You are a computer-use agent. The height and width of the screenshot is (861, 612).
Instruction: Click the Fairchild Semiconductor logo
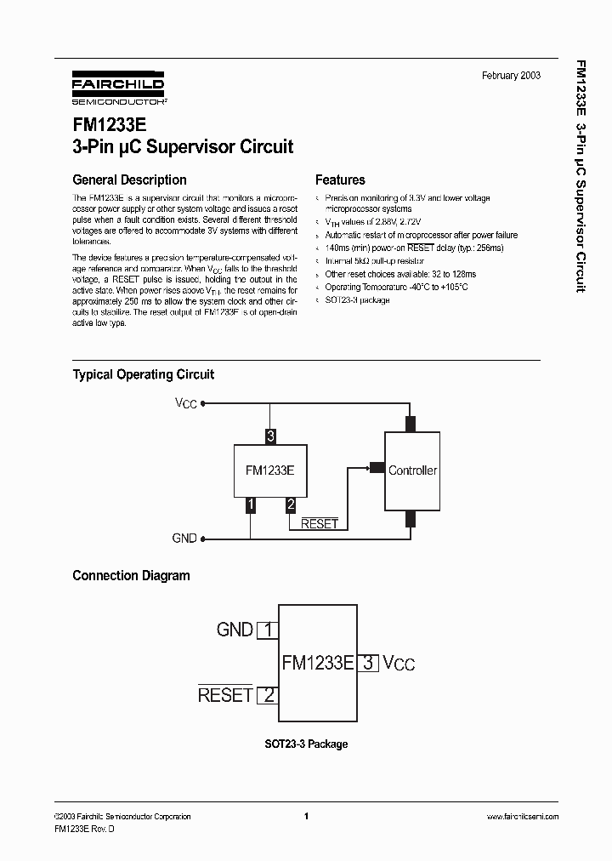(118, 88)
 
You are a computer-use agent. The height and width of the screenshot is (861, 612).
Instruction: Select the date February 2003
(511, 76)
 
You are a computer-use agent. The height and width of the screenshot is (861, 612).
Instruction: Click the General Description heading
(129, 180)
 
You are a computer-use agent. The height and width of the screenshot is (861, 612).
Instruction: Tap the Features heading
(340, 180)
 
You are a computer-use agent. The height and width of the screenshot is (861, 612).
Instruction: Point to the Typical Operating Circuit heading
(143, 374)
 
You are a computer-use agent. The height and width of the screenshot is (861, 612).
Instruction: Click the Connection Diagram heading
(131, 576)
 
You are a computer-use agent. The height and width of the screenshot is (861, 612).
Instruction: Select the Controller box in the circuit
(412, 470)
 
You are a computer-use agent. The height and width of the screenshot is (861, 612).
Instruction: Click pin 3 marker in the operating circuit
(270, 436)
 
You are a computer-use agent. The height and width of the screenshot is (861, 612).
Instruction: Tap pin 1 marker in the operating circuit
(250, 505)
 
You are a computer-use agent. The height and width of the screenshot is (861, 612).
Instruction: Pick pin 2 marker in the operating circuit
(291, 505)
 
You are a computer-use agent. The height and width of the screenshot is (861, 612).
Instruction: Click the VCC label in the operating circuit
(186, 403)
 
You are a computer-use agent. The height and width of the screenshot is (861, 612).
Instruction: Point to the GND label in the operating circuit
(184, 539)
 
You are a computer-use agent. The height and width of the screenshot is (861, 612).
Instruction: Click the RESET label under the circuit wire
(320, 524)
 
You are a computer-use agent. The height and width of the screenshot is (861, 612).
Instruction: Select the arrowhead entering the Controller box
(375, 466)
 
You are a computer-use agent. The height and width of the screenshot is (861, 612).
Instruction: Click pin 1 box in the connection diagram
(268, 630)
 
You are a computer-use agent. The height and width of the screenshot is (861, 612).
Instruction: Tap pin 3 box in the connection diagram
(368, 663)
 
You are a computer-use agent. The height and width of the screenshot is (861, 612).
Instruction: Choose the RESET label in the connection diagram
(225, 694)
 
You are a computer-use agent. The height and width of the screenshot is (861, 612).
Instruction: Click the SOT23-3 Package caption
(305, 744)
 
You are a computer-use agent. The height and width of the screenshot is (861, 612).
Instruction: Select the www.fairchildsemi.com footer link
(522, 817)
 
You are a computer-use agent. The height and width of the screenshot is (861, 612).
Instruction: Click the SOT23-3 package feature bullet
(357, 300)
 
